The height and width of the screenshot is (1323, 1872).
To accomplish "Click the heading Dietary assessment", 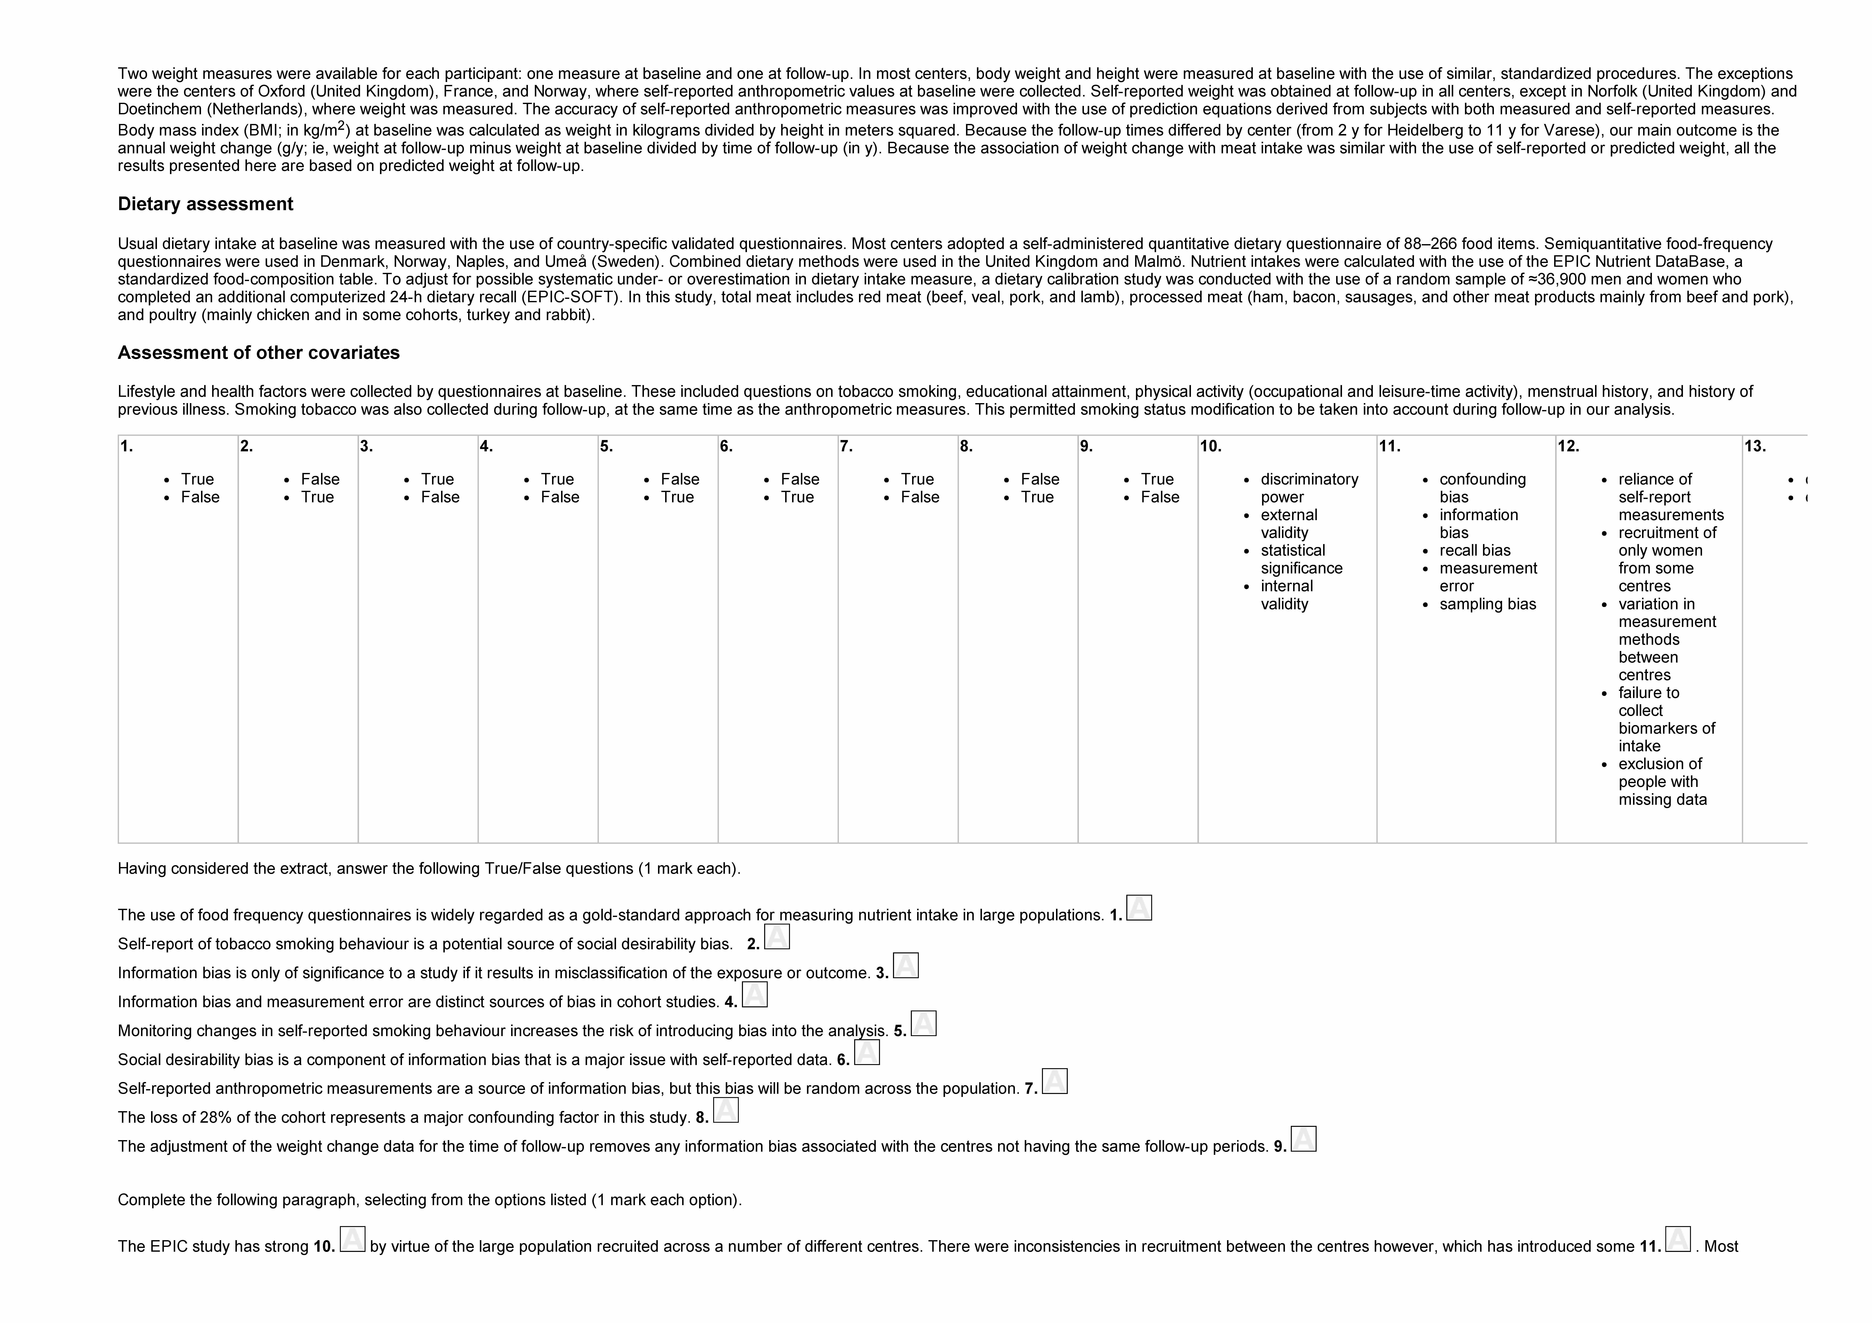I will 205,204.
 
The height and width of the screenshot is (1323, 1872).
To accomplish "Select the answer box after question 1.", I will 1139,908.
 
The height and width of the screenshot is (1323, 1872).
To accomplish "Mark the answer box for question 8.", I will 726,1110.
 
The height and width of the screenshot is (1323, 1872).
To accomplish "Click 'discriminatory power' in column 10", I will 1309,488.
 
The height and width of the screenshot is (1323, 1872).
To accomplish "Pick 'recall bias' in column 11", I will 1474,550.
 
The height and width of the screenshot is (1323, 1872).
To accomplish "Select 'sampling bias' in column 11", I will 1487,604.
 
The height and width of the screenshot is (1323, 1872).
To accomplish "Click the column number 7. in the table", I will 846,446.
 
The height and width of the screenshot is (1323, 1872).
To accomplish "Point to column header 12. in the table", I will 1568,446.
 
